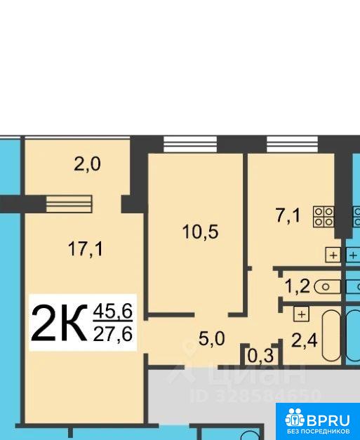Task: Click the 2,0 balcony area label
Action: tap(87, 164)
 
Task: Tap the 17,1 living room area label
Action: tap(86, 249)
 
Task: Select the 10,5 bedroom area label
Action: tap(200, 232)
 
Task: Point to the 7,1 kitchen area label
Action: tap(288, 216)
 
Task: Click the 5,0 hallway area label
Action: tap(211, 339)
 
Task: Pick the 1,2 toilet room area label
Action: tap(298, 287)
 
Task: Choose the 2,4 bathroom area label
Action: tap(305, 341)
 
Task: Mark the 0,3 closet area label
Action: tap(260, 356)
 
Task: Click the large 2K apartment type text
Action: tap(59, 324)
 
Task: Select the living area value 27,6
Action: tap(113, 334)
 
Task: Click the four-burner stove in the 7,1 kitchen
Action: tap(324, 216)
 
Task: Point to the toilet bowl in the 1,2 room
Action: tap(328, 287)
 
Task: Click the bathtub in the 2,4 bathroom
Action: tap(332, 335)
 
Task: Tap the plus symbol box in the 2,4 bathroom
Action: tap(301, 314)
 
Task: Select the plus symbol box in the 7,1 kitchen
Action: tap(333, 255)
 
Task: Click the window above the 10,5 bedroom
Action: tap(190, 145)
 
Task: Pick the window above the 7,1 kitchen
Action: tap(292, 145)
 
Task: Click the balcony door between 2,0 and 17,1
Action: tap(69, 204)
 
